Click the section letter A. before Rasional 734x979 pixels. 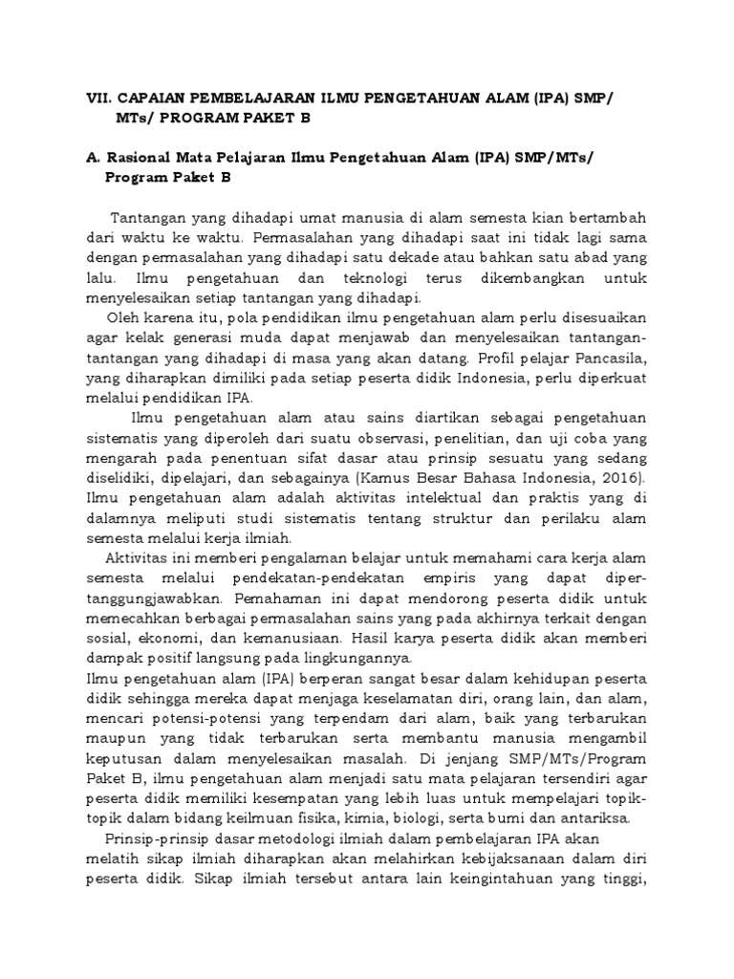tap(92, 157)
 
